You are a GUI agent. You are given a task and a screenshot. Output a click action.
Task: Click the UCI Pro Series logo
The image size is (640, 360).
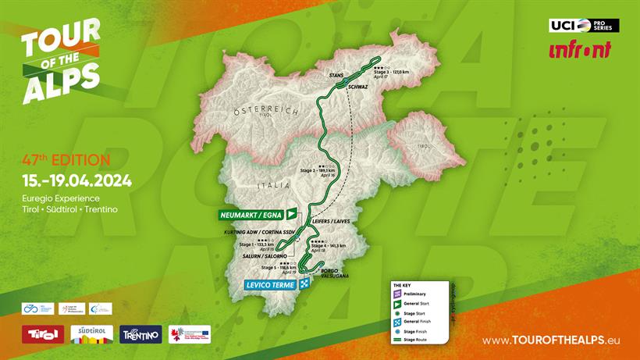584,25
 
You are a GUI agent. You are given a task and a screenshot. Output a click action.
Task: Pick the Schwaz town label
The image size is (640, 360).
358,87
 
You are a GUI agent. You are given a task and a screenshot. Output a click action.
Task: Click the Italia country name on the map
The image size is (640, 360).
273,186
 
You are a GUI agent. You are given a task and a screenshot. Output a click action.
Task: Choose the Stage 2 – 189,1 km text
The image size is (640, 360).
318,169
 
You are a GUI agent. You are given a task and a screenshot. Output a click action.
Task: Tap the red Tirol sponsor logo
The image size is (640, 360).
42,334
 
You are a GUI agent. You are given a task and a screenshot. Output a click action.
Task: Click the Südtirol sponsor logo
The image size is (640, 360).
91,334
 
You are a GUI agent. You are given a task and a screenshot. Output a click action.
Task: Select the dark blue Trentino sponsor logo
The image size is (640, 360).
141,334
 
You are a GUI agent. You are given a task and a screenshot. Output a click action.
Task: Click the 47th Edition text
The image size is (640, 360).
66,160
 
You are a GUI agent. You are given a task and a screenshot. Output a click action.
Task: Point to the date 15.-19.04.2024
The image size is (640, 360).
76,181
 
